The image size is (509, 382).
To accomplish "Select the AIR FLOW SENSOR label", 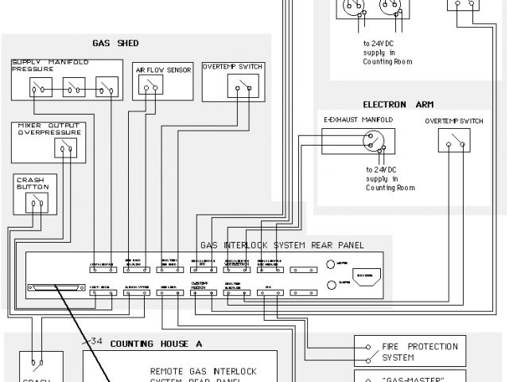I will click(162, 69).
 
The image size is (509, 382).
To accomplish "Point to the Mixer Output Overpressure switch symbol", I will click(67, 147).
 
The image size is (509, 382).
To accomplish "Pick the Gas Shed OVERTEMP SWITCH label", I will click(232, 67).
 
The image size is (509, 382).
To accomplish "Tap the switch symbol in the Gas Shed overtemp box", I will click(240, 85).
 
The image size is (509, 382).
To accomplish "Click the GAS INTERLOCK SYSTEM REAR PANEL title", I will click(282, 246).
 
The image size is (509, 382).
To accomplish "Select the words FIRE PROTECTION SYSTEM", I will click(421, 352).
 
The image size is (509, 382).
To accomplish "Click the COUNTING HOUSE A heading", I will click(156, 344).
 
